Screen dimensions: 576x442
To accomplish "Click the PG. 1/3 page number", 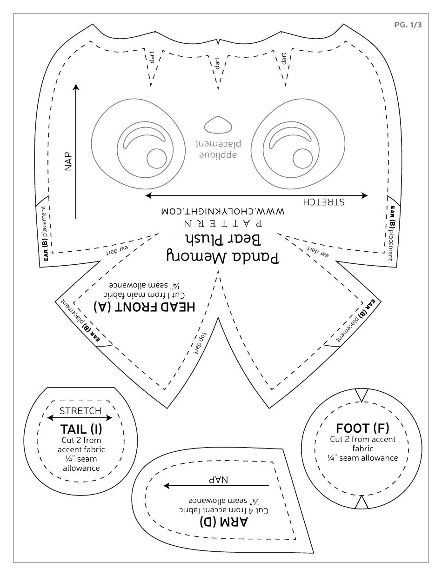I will point(408,25).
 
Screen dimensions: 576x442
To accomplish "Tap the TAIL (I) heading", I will point(81,429).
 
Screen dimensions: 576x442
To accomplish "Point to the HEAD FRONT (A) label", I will point(144,307).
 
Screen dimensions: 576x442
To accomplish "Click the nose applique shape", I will point(218,125).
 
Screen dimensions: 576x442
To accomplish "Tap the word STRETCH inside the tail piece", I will point(80,411).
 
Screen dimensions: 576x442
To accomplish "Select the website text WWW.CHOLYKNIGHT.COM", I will point(222,211).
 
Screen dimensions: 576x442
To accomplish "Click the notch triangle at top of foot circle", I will point(362,395).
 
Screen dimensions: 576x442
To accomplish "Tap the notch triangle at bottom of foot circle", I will point(362,502).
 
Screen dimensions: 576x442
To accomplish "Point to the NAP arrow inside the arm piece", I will point(216,486).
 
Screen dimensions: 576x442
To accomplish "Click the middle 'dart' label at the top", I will point(217,64).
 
